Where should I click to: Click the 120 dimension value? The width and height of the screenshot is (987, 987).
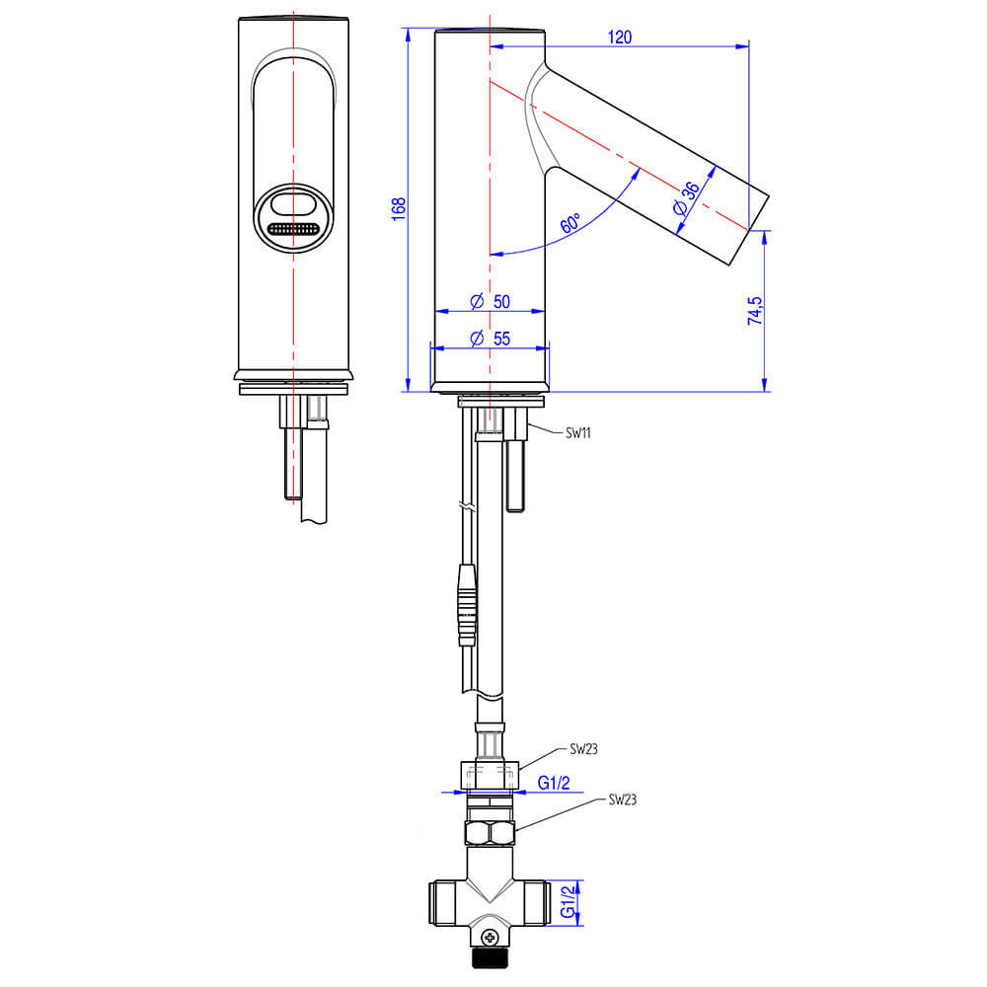pos(620,38)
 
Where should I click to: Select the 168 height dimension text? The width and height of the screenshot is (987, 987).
pos(399,208)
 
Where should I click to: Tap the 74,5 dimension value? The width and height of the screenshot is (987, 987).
pos(755,311)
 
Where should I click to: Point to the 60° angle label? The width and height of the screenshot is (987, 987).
pos(570,223)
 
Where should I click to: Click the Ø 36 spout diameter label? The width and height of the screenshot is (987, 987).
pos(686,199)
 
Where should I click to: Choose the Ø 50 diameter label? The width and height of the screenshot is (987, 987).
pos(491,301)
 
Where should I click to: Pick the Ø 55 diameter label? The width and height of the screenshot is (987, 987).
pos(491,339)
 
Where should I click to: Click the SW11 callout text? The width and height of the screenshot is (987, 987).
pos(577,433)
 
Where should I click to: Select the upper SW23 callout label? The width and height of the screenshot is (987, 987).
pos(583,749)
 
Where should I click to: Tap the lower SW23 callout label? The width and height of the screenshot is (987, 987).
pos(623,799)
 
